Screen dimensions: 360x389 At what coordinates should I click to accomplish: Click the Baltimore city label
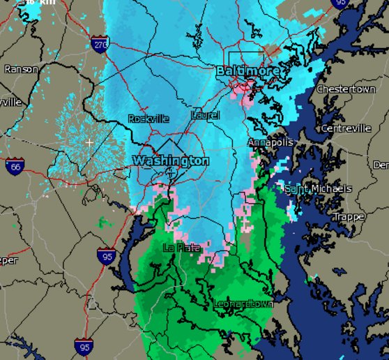coord(247,71)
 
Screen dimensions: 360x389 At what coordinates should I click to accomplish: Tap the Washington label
coord(171,161)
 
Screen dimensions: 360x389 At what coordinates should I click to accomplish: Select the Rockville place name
coord(148,119)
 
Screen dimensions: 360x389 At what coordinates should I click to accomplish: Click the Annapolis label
coord(271,142)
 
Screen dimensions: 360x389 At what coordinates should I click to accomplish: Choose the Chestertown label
coord(346,90)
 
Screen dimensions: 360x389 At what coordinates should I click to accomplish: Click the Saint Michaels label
coord(319,189)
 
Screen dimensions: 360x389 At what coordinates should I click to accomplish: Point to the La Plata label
coord(181,248)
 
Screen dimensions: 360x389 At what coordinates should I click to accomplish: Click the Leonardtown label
coord(243,304)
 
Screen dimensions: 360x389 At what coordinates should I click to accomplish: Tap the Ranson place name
coord(21,69)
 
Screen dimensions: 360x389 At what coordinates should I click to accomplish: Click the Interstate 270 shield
coord(100,44)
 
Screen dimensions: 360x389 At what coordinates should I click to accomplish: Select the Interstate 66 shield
coord(15,166)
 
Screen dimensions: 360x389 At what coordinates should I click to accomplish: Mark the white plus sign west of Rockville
coord(89,142)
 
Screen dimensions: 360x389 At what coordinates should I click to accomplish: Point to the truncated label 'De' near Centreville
coord(381,165)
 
